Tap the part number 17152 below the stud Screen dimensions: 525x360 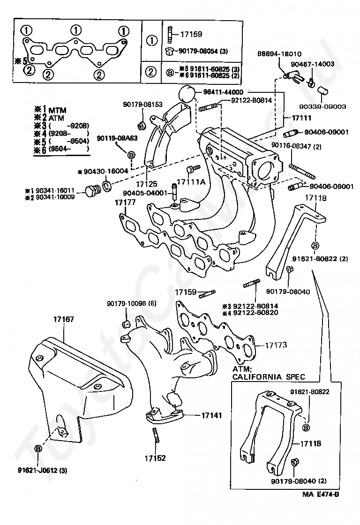[155, 458]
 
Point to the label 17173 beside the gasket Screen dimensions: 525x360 [276, 345]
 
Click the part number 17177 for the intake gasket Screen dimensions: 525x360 [125, 202]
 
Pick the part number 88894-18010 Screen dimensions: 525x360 [279, 54]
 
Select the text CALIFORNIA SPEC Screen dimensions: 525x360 [269, 376]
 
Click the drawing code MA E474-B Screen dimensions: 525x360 [320, 507]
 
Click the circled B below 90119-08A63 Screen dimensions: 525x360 [131, 154]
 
